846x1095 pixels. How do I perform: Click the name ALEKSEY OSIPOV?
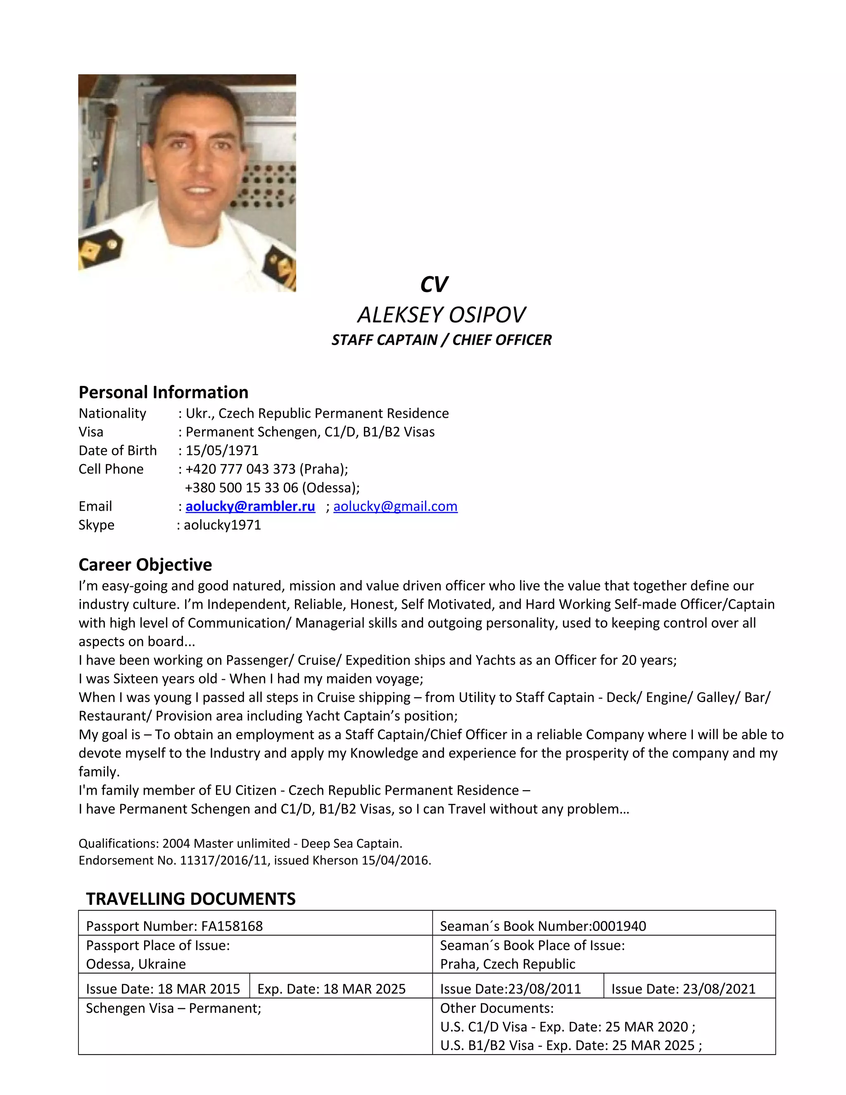click(441, 315)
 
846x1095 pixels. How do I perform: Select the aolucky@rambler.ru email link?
click(250, 507)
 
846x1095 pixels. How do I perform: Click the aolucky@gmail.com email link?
click(395, 507)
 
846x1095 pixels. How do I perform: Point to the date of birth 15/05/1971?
click(222, 451)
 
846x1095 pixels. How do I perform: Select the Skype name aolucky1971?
click(222, 525)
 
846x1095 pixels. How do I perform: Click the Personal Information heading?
click(164, 392)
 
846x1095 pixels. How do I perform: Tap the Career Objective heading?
click(145, 564)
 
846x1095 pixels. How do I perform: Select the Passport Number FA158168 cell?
click(174, 926)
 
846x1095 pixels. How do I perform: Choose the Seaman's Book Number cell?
click(543, 926)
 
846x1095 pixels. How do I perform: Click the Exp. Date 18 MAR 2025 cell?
click(331, 989)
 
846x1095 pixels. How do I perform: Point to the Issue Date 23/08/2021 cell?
click(683, 989)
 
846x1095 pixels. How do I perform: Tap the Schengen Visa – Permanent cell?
click(173, 1008)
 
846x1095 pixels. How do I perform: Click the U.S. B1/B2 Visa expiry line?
click(571, 1045)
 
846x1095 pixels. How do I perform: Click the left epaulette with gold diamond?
click(100, 249)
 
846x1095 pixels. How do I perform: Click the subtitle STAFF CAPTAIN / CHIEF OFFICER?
click(441, 340)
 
